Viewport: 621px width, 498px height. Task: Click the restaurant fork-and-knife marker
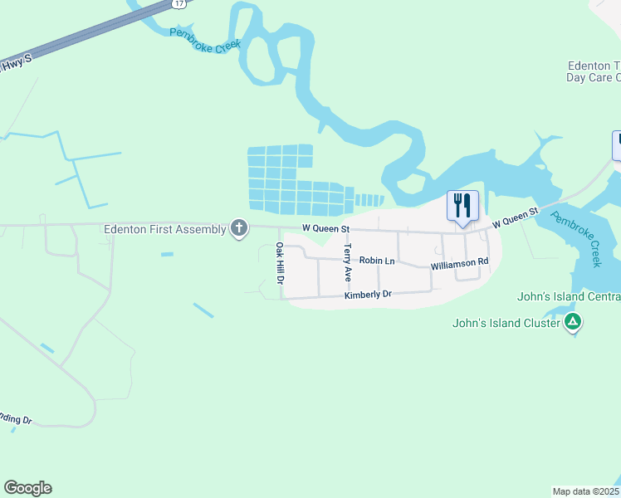(462, 205)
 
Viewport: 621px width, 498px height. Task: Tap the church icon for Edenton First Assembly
(239, 227)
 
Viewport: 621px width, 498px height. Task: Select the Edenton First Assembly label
(164, 229)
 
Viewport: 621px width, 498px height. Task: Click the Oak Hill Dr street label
(280, 264)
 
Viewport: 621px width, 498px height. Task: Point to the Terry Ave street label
(349, 262)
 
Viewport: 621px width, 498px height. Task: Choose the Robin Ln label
(377, 261)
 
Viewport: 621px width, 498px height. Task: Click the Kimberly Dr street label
(368, 295)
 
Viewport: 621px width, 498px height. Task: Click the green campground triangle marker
(572, 321)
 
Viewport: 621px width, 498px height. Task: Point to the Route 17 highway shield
(179, 4)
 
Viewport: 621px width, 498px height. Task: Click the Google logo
(27, 488)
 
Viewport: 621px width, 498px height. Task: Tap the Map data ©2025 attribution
(586, 491)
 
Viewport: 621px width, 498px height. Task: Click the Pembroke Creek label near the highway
(204, 41)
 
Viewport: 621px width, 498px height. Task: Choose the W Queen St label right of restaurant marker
(516, 218)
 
